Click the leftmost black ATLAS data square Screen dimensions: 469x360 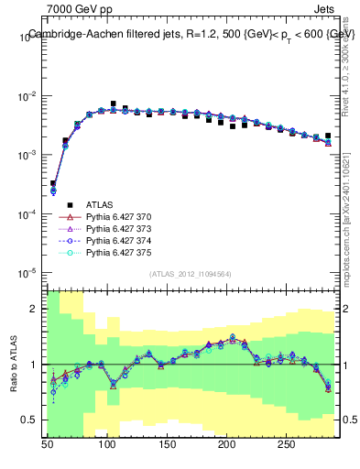pos(53,183)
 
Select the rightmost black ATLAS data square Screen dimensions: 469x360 pos(328,136)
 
